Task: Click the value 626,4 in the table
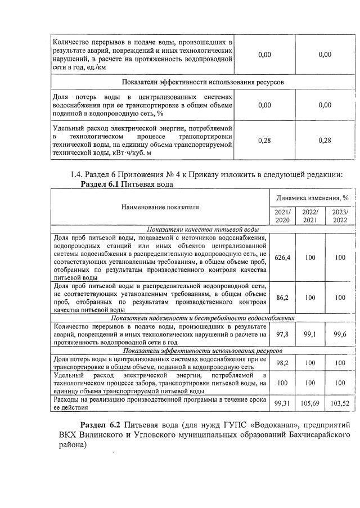pos(282,257)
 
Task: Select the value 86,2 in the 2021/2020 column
pos(282,298)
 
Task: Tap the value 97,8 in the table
pos(282,334)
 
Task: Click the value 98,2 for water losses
pos(282,363)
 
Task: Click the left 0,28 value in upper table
pos(264,140)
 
